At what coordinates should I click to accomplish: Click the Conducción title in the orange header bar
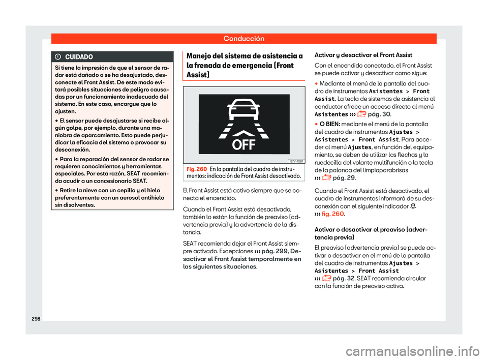(243, 38)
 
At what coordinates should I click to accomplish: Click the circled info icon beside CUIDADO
(58, 56)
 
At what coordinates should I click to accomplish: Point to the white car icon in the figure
(243, 110)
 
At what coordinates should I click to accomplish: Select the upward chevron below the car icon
(243, 133)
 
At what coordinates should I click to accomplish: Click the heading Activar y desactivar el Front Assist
(363, 54)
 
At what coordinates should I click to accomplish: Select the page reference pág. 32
(344, 279)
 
